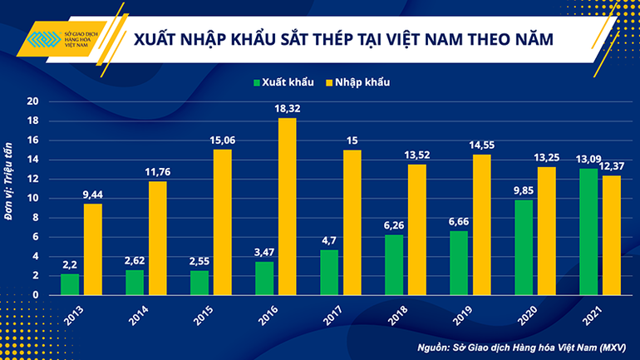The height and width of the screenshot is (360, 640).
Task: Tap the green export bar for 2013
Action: pos(71,284)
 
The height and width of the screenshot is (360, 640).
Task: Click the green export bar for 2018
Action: pos(394,264)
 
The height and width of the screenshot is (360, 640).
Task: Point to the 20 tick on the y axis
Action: pos(34,101)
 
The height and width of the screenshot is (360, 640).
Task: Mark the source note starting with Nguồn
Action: pos(524,345)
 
